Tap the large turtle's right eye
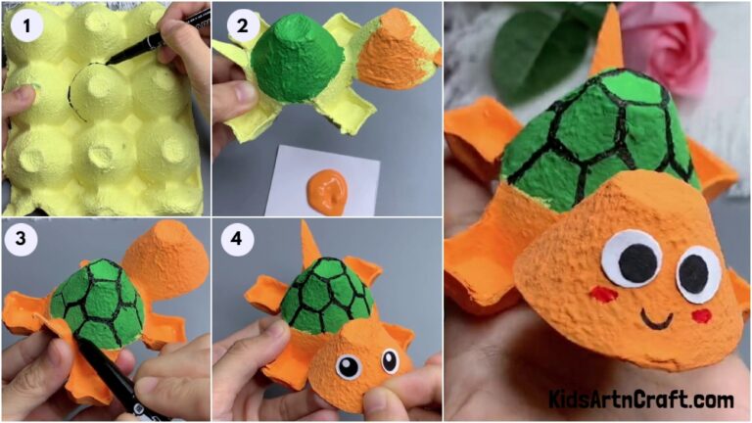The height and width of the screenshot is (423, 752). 697,271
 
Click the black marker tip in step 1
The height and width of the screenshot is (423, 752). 112,60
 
